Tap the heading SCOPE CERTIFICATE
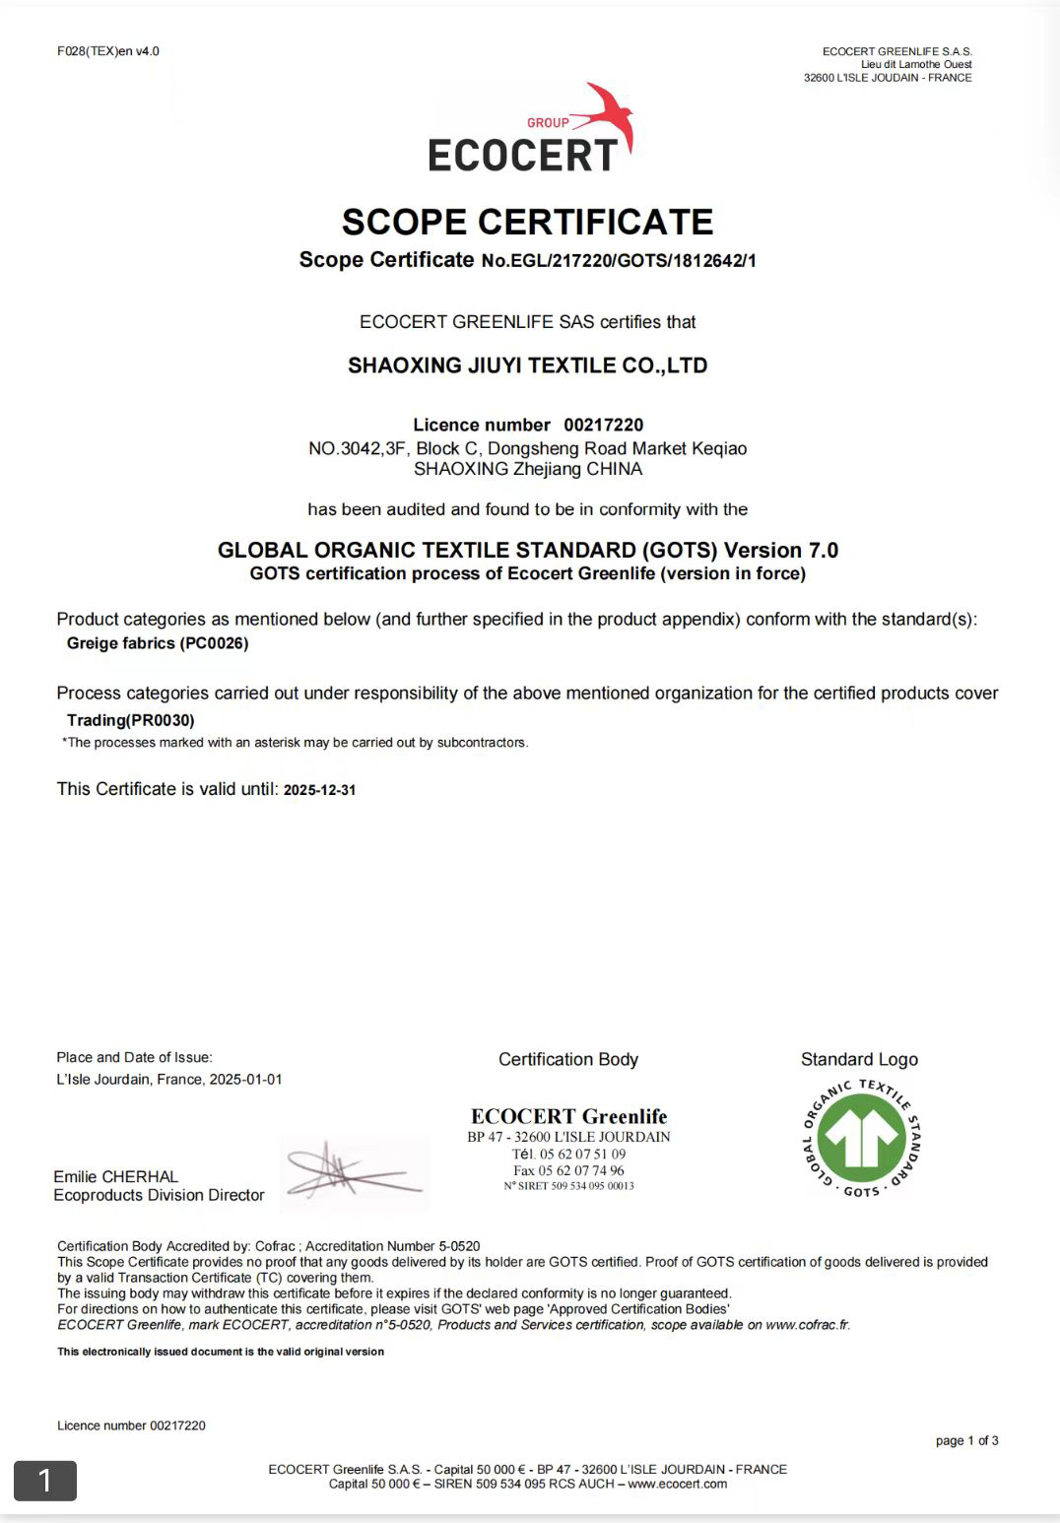click(527, 222)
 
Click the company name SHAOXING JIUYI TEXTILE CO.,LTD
click(527, 365)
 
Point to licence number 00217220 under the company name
click(603, 425)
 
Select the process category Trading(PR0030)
click(131, 720)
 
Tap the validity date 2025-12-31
click(319, 790)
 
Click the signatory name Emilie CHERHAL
click(116, 1176)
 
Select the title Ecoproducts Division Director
click(159, 1195)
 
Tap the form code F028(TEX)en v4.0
click(108, 51)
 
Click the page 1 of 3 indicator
click(966, 1440)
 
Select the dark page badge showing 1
click(44, 1480)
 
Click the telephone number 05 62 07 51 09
click(582, 1154)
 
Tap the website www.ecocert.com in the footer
click(678, 1484)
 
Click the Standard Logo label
click(859, 1059)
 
